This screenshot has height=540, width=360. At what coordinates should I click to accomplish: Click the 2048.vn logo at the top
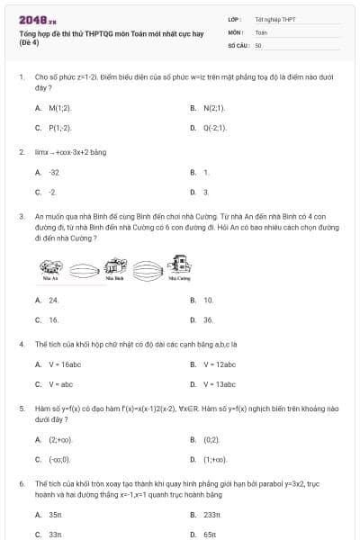click(36, 17)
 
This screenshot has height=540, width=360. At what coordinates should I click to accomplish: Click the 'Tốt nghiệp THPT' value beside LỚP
click(274, 18)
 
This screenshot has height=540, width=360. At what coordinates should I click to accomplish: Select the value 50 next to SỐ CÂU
click(258, 44)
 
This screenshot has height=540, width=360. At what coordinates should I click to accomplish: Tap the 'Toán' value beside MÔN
click(261, 31)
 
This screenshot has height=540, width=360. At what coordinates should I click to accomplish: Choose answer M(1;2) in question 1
click(59, 107)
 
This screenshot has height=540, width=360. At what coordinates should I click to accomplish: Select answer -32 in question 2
click(55, 172)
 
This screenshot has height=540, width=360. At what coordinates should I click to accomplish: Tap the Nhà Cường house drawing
click(178, 265)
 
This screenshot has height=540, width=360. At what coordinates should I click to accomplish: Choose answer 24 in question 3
click(54, 300)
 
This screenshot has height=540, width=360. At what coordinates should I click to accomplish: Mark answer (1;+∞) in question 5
click(213, 459)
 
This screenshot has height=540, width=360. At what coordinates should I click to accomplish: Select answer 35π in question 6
click(55, 515)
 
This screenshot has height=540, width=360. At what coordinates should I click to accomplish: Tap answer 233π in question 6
click(211, 515)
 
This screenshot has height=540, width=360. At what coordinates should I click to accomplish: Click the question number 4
click(22, 344)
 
